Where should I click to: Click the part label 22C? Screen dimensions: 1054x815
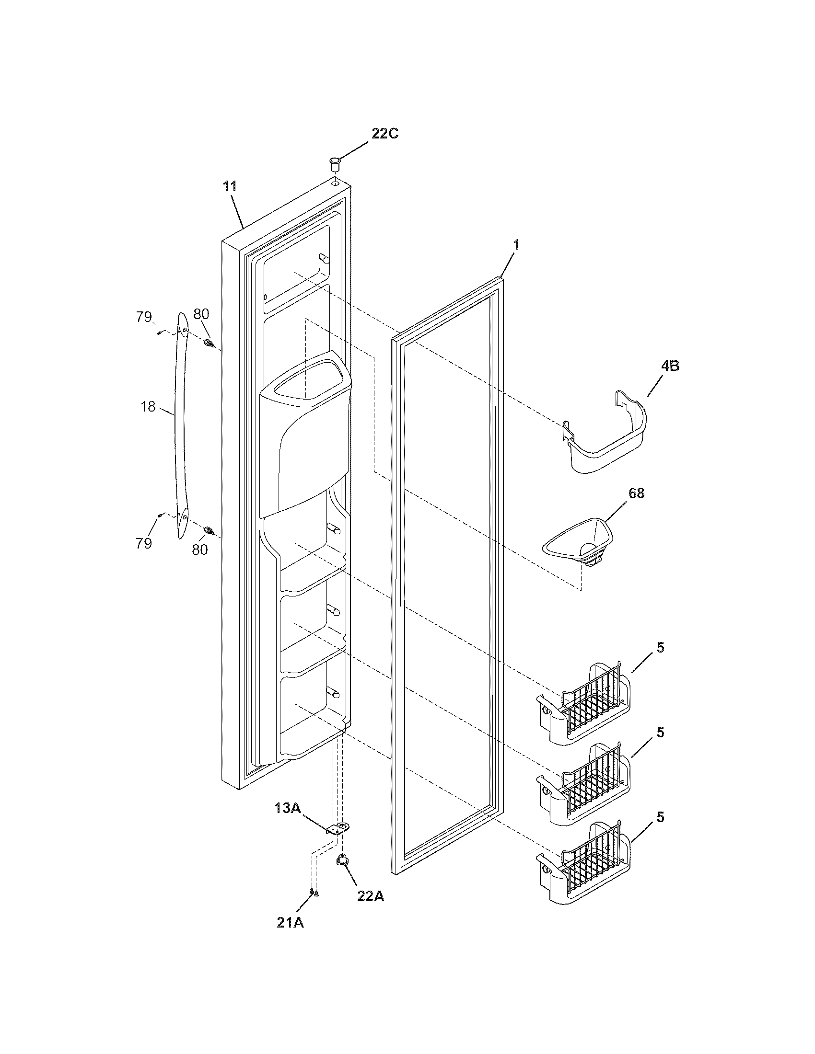tap(384, 134)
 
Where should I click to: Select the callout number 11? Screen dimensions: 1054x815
tap(230, 187)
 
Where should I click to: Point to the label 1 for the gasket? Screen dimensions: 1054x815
tap(516, 245)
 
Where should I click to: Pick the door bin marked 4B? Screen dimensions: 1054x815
tap(605, 435)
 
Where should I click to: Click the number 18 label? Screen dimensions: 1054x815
tap(148, 407)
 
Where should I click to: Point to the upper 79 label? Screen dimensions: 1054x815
tap(143, 317)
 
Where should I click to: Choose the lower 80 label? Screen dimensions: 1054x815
tap(200, 549)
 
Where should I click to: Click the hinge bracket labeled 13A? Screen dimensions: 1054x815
tap(338, 829)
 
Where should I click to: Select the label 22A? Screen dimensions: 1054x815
tap(370, 896)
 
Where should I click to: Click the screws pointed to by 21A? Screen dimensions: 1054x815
tap(314, 893)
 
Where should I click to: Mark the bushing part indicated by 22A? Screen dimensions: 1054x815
tap(342, 859)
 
